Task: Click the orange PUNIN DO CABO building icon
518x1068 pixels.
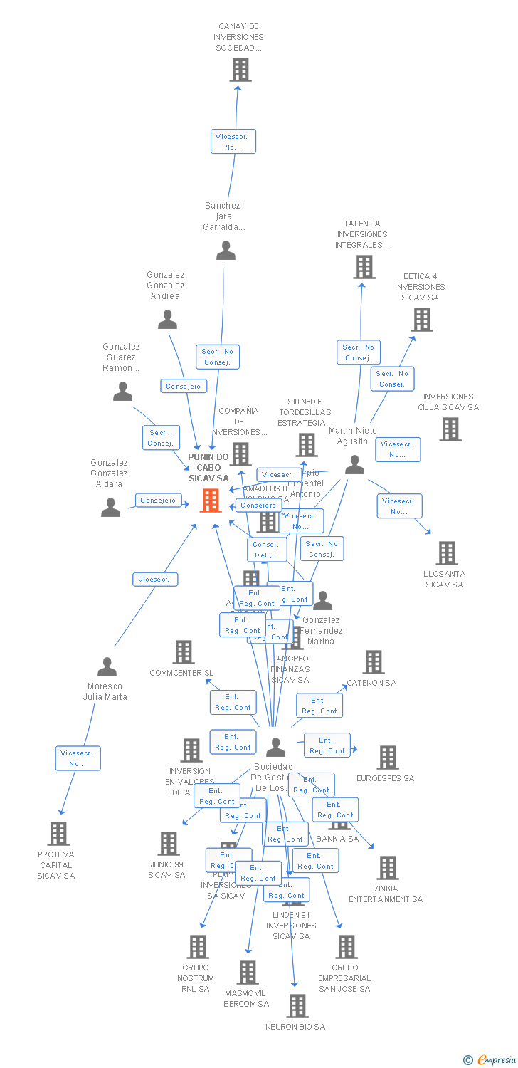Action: [x=211, y=501]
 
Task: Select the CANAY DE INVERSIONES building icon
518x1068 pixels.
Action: [x=241, y=70]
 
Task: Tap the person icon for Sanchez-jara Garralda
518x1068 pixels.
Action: [x=226, y=251]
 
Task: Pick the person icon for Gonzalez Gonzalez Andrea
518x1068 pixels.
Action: [x=167, y=320]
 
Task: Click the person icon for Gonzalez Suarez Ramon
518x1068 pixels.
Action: [x=123, y=392]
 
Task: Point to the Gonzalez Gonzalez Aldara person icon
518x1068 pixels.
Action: [x=110, y=507]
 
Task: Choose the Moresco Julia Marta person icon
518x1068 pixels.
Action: [x=107, y=667]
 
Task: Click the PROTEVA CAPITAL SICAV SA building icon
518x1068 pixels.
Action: [x=58, y=833]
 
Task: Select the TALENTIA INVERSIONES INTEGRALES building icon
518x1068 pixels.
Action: [x=364, y=267]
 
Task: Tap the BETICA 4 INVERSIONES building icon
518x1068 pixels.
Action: [x=423, y=320]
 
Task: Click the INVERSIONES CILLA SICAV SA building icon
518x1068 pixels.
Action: [x=450, y=429]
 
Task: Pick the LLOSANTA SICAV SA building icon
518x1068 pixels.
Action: [x=446, y=553]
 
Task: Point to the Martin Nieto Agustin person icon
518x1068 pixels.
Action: [x=354, y=465]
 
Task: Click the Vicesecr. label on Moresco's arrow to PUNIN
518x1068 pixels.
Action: [x=155, y=580]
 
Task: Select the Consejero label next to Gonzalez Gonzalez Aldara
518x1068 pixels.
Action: [x=158, y=501]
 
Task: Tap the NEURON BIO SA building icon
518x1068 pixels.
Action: [x=297, y=1006]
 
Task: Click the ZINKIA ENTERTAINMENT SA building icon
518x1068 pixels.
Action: [x=388, y=868]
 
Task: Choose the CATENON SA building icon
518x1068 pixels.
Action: [x=374, y=662]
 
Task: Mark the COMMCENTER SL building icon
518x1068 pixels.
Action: [x=184, y=652]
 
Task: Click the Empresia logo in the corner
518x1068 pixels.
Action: [x=491, y=1060]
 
